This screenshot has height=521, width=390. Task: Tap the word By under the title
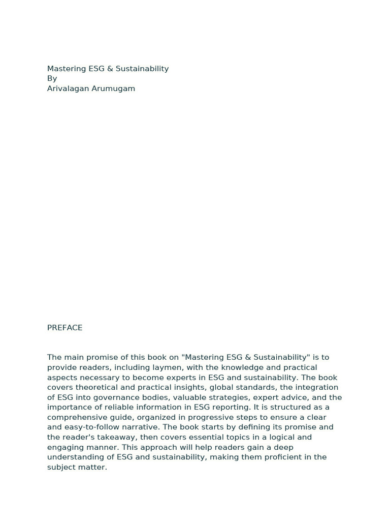pos(52,78)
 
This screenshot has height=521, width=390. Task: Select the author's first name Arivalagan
pos(68,89)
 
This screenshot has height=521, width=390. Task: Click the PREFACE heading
pos(64,328)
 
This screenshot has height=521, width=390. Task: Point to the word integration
pos(316,387)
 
